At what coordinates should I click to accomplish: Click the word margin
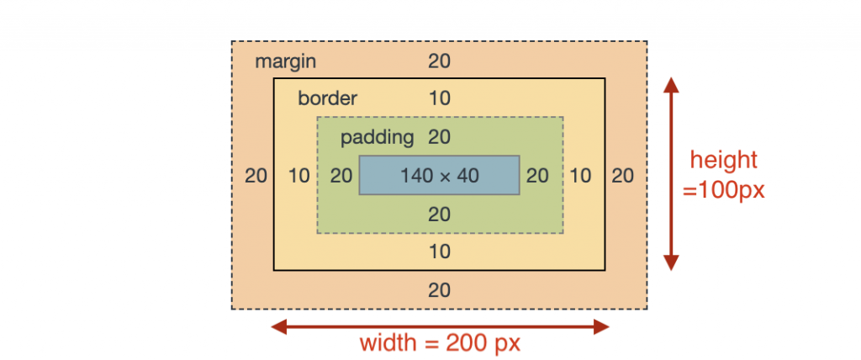(286, 61)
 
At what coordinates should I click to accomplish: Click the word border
(327, 99)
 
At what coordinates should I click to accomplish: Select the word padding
(378, 138)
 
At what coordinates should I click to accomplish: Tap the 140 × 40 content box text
(439, 176)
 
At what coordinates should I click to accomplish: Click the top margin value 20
(439, 61)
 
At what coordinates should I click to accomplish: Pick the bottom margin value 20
(439, 289)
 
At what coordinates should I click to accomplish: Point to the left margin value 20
(256, 176)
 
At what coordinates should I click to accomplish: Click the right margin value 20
(623, 176)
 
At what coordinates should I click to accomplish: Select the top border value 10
(439, 99)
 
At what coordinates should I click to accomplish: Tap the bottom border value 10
(439, 251)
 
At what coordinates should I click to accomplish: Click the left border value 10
(299, 176)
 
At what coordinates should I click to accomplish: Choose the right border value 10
(580, 176)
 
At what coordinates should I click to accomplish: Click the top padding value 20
(439, 137)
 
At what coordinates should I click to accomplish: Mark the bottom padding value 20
(439, 214)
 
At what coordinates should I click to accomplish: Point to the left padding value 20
(341, 176)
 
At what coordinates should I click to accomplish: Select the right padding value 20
(537, 176)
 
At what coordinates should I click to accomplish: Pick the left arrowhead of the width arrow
(280, 327)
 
